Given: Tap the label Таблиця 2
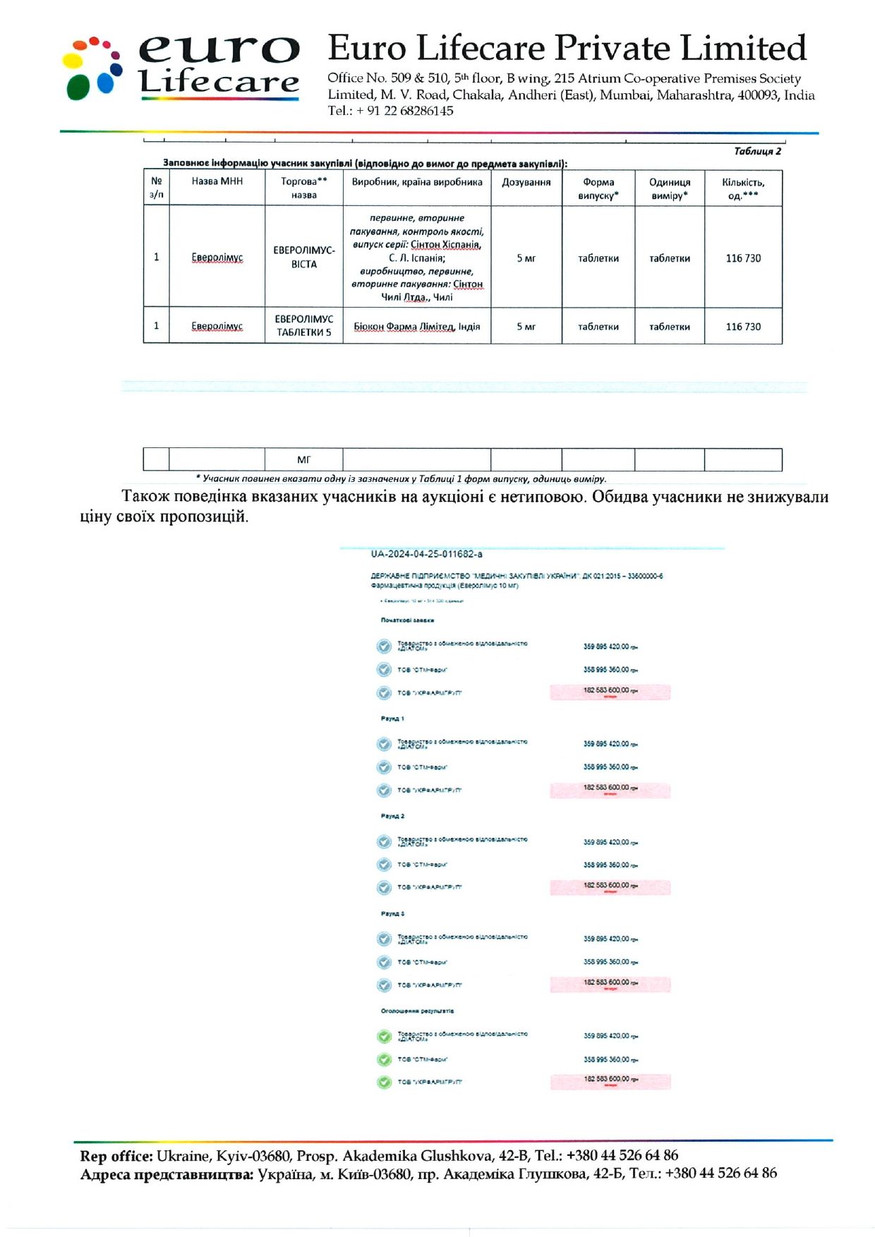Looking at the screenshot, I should [757, 151].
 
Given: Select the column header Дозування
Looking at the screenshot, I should [526, 182].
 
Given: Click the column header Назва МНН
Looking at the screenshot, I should [217, 181].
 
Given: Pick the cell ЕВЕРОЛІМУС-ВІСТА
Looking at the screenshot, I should [304, 257].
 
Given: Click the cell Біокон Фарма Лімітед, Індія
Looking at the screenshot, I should [416, 327].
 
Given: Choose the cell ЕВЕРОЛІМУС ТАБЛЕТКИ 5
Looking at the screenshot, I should [304, 325].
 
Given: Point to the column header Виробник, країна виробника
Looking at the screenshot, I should [417, 182].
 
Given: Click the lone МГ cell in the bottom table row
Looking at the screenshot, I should [304, 459].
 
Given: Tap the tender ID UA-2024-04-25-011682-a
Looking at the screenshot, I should [426, 554].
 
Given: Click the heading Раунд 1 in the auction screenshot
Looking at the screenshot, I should [392, 718].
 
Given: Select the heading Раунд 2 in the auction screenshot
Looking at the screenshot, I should [392, 816].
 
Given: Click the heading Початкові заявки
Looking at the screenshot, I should [407, 620].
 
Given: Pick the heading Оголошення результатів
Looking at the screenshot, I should [417, 1010].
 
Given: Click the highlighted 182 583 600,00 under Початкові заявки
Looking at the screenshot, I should [609, 690].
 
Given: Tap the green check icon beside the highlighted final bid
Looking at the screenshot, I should [384, 1082].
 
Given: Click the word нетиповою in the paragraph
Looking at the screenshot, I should [534, 497].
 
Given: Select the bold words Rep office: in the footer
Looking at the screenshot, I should [116, 1156].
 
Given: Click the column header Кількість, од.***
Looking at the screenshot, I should [743, 188].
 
